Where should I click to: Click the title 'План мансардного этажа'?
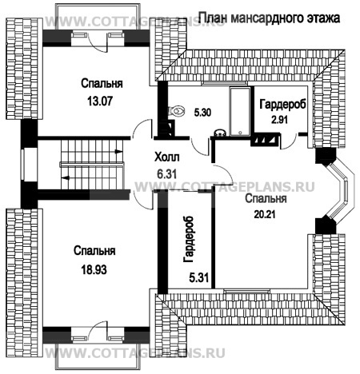pos(270,18)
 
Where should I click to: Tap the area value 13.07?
pos(100,101)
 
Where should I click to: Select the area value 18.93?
pos(94,269)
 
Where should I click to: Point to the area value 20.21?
pos(265,214)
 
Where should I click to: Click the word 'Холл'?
pos(167,157)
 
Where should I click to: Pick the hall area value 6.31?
pos(166,174)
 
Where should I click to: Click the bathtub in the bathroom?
pos(240,112)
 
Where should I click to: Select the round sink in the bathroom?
pos(220,133)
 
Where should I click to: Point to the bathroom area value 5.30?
pos(202,113)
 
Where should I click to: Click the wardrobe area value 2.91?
pos(279,120)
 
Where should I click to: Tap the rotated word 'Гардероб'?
pos(189,239)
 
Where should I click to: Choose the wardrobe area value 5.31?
pos(198,278)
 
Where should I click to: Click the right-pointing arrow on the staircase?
pos(118,152)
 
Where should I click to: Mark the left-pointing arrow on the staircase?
pos(66,177)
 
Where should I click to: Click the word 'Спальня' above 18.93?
pos(94,251)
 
